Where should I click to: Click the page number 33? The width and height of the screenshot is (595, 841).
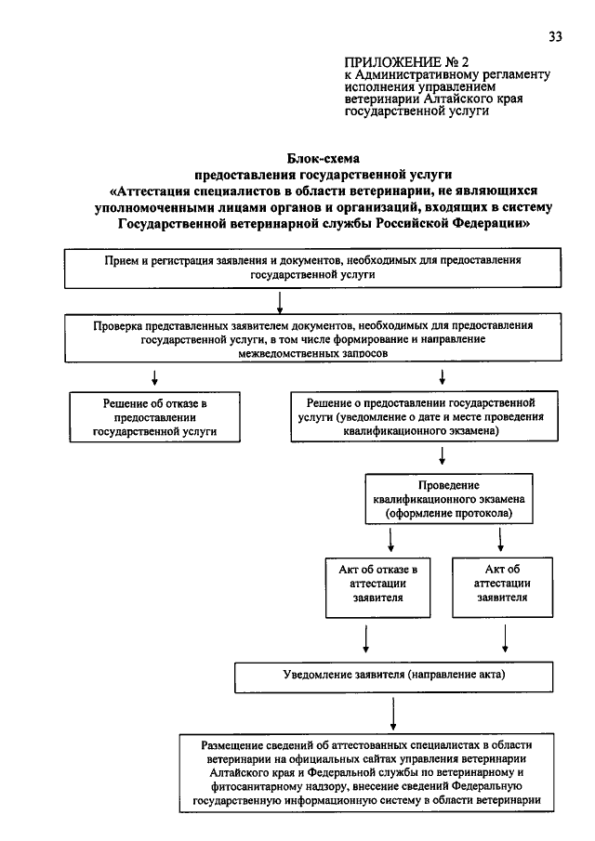(555, 36)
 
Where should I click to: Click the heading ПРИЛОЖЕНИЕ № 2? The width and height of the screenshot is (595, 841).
(406, 62)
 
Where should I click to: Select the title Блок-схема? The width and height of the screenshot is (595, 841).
(323, 159)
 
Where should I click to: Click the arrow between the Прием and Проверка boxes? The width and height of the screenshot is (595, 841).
(280, 302)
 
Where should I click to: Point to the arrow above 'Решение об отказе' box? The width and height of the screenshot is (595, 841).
(154, 377)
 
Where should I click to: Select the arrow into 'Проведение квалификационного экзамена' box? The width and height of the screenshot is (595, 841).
(443, 455)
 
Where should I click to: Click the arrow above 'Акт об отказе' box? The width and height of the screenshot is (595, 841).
(390, 540)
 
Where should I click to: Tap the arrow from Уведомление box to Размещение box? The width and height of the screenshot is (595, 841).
(393, 714)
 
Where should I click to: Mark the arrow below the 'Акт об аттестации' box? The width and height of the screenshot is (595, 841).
(505, 638)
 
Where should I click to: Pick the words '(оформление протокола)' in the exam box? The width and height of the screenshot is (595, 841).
(449, 513)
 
